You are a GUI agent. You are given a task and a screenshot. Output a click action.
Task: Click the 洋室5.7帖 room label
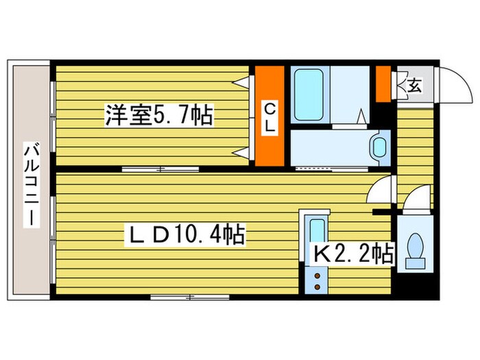point(158,113)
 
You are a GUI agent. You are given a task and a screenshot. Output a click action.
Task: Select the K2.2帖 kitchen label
point(353,255)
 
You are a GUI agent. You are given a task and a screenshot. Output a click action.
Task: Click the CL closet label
point(270,117)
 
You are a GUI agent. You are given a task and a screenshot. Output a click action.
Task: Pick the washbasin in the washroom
point(378,147)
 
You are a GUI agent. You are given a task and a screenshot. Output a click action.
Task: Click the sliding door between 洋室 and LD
point(160,168)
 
